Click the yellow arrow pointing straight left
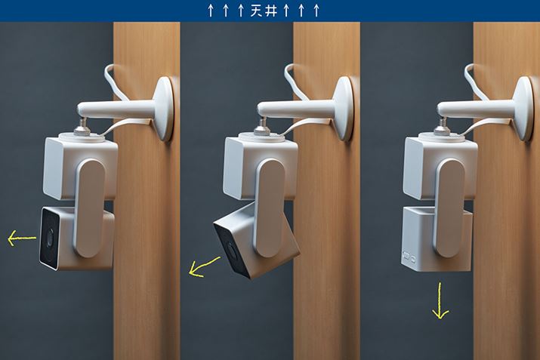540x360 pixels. coord(22,238)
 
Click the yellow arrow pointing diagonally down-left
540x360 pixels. coord(204,266)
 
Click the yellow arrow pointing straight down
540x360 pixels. coord(440,300)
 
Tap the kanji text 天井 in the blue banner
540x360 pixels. coord(264,11)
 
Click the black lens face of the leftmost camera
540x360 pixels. coord(49,238)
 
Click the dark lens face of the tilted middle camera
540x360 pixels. coord(230,251)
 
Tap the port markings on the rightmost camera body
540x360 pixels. coord(409,257)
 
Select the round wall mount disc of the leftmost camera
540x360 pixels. coord(164,109)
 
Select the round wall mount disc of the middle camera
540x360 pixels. coord(344,109)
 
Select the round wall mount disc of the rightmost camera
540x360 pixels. coord(524,109)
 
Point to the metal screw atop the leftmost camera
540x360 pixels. coord(82,126)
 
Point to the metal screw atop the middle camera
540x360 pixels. coord(262,126)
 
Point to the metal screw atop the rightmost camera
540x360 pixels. coord(443,126)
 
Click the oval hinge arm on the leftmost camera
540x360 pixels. coord(90,208)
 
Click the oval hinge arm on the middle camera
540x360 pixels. coord(270,208)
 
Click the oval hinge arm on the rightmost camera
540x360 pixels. coord(450,208)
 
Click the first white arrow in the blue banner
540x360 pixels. coord(211,11)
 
